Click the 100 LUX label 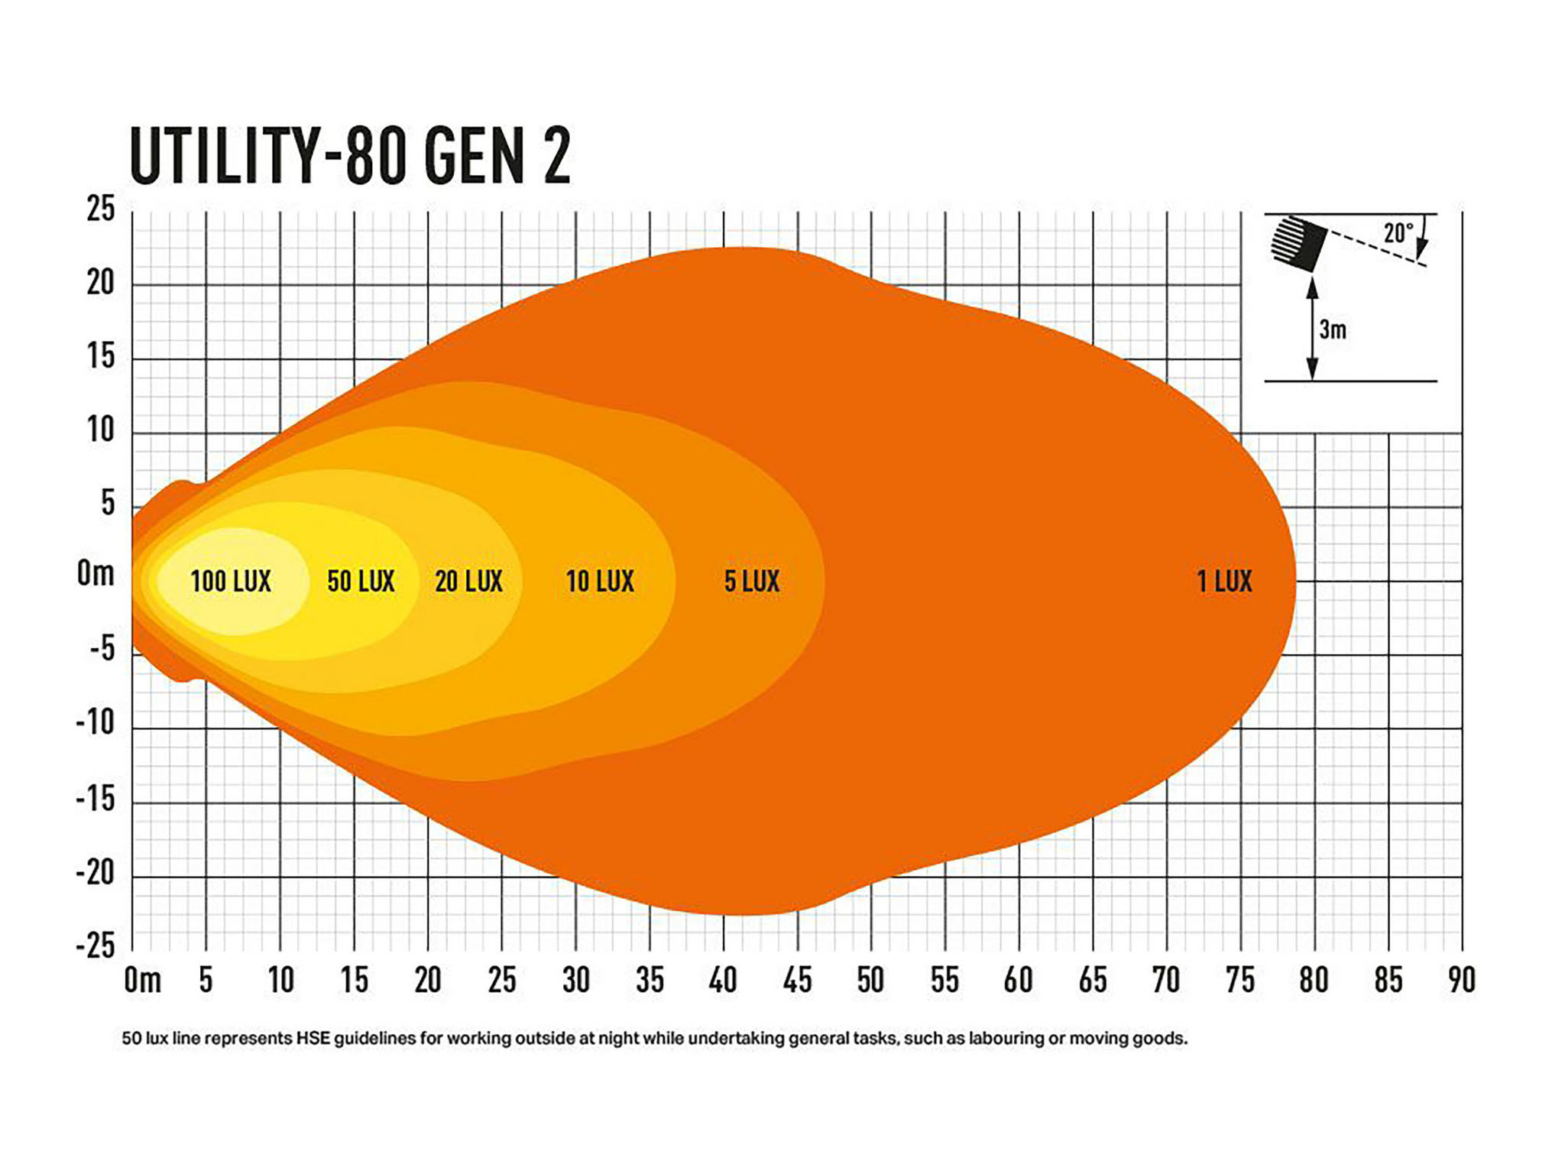(230, 582)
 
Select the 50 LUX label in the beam (361, 582)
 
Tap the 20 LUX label (468, 582)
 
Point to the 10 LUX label (600, 582)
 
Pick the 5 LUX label (752, 582)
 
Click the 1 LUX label (1224, 582)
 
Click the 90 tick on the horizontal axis (1461, 980)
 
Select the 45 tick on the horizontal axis (797, 980)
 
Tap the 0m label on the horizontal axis (143, 980)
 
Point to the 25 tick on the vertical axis (101, 209)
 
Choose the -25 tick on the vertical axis (96, 946)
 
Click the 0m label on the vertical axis (96, 573)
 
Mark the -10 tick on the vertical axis (96, 722)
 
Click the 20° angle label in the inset (1398, 233)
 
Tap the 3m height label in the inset (1333, 330)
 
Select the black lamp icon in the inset (1299, 243)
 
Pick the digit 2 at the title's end (557, 157)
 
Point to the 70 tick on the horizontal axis (1166, 980)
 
